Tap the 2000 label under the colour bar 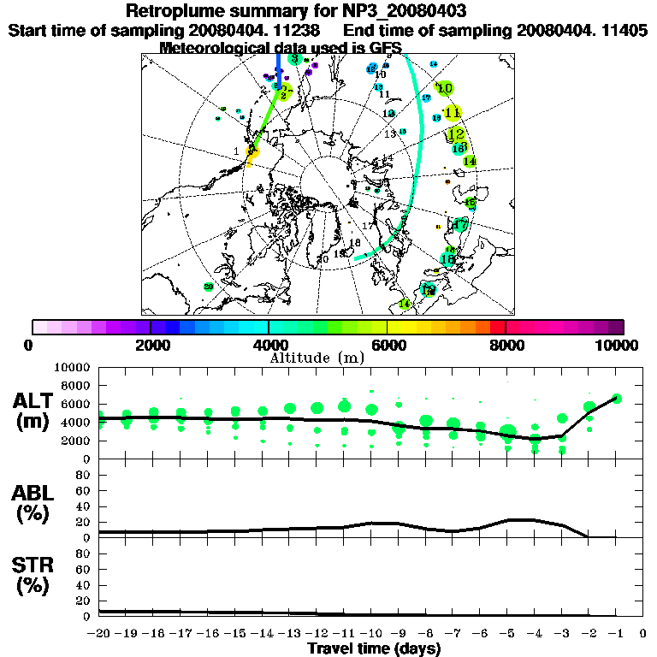pos(151,346)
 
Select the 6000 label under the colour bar pos(388,346)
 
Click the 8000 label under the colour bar pos(506,346)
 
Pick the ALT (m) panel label pos(33,411)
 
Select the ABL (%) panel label pos(33,504)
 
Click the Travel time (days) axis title pos(374,649)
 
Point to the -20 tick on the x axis pos(100,634)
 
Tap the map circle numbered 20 pos(208,287)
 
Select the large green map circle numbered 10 pos(444,88)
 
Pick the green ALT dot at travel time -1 pos(616,398)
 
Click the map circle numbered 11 pos(453,112)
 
